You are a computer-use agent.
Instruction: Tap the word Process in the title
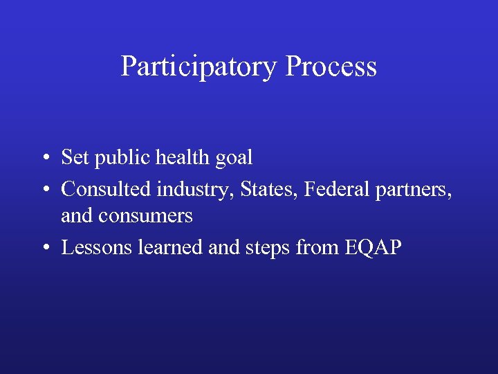click(331, 67)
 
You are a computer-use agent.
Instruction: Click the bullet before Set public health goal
click(44, 159)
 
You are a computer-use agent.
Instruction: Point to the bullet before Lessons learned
click(44, 248)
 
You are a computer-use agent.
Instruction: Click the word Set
click(75, 158)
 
